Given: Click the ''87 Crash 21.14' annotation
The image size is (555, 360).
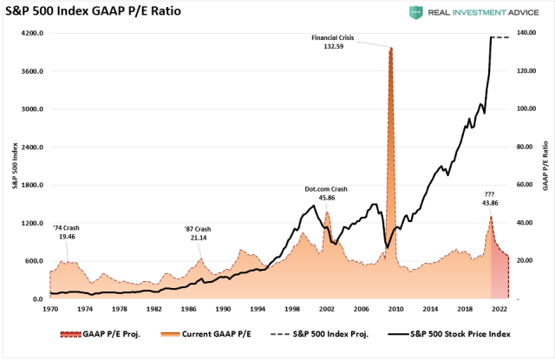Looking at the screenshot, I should [x=198, y=232].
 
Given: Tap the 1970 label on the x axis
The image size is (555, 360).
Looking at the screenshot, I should [x=51, y=308].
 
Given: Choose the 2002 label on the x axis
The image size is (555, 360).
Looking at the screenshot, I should [x=326, y=308].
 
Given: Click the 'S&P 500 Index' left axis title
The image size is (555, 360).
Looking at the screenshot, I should [x=13, y=166].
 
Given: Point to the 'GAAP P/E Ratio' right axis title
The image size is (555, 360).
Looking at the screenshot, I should [x=545, y=166].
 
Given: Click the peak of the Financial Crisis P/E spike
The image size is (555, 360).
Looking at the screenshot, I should [x=391, y=48].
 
